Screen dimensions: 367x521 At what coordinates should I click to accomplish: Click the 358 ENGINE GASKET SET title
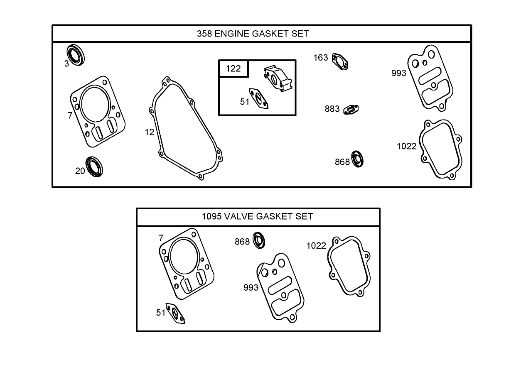point(253,34)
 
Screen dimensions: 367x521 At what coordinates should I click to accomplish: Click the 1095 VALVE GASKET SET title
point(257,216)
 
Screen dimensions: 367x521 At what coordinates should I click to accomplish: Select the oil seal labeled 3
point(76,54)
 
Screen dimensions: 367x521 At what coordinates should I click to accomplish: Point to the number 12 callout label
point(150,132)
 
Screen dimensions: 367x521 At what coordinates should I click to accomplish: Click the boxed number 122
point(233,69)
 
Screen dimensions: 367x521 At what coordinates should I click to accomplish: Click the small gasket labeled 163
point(340,61)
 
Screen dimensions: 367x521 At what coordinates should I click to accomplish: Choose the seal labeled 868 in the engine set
point(358,159)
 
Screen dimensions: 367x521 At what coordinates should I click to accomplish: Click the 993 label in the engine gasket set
point(398,73)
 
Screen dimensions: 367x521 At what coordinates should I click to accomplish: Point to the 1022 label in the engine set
point(406,146)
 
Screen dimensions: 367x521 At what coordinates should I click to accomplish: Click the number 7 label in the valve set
point(161,238)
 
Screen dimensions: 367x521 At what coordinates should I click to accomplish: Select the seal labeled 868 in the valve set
point(260,241)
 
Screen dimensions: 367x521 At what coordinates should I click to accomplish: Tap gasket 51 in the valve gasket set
point(176,313)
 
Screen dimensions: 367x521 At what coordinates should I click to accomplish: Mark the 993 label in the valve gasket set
point(251,287)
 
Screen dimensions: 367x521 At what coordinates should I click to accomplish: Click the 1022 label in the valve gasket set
point(316,245)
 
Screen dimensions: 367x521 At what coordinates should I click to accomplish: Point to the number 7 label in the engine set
point(70,116)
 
